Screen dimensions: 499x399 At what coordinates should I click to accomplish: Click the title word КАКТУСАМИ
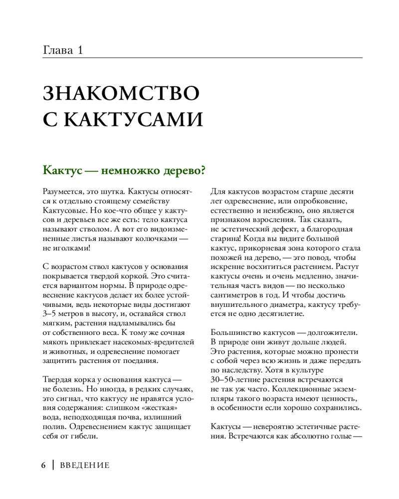pos(135,120)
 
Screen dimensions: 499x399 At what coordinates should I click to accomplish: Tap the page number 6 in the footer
pos(44,465)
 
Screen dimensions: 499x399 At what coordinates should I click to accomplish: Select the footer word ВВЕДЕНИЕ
pos(84,466)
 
